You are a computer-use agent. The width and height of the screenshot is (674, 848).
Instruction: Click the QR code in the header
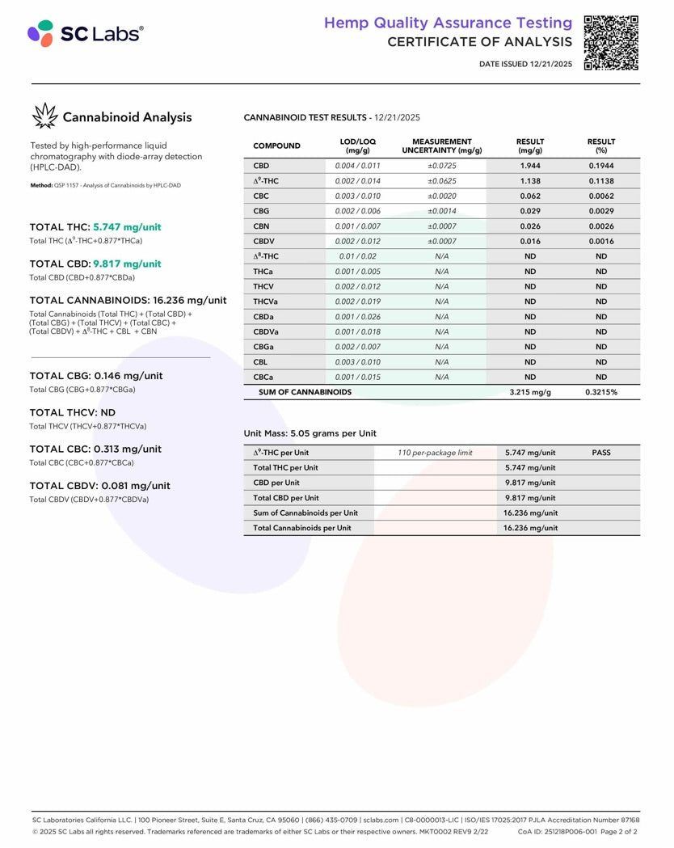coord(611,42)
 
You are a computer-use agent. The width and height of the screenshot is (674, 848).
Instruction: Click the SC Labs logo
coord(86,33)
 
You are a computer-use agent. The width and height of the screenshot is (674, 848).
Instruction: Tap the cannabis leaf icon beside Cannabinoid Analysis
coord(44,116)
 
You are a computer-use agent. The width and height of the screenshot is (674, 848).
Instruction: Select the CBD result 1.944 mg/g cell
coord(530,165)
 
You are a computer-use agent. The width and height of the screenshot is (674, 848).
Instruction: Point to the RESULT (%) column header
coord(600,146)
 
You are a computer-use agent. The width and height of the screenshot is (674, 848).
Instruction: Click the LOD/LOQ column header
coord(357,146)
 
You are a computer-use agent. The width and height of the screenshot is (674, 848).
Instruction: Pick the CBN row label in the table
coord(261,226)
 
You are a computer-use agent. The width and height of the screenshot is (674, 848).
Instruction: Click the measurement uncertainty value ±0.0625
coord(441,180)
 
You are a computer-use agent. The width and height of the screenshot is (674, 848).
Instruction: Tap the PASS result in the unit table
coord(600,453)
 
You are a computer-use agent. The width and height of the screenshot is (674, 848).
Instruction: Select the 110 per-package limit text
coord(435,453)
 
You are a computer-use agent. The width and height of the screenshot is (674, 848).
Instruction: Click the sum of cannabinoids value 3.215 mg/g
coord(530,392)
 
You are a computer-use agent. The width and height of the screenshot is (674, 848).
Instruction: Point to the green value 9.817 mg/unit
coord(127,264)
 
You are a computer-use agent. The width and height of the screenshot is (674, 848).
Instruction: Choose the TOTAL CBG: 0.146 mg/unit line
coord(95,376)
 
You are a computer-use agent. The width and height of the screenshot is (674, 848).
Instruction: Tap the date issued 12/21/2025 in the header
coord(525,64)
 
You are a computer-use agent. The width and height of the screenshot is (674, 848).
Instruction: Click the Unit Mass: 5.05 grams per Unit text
coord(310,433)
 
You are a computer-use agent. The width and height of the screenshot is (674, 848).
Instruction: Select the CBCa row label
coord(263,377)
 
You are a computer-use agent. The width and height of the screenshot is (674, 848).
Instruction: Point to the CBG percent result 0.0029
coord(600,210)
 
